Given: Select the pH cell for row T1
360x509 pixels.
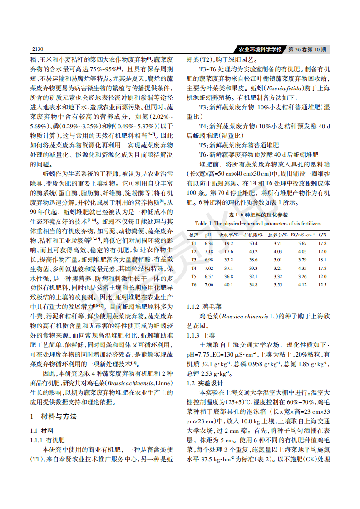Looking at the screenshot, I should point(208,244).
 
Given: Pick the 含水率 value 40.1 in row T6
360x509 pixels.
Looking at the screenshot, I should point(229,284).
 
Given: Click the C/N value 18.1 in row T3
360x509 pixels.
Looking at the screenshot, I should point(322,260).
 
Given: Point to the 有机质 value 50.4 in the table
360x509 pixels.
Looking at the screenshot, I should point(253,244).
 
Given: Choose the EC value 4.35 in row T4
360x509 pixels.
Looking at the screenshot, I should point(302,268).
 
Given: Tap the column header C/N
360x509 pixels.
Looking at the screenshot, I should point(322,235).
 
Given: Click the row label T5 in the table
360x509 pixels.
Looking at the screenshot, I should point(193,276).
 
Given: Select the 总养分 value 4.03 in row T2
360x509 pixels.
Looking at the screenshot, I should point(277,252).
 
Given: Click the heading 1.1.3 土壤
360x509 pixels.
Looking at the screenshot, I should point(200,335).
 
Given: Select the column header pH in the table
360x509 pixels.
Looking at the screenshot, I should point(208,235).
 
